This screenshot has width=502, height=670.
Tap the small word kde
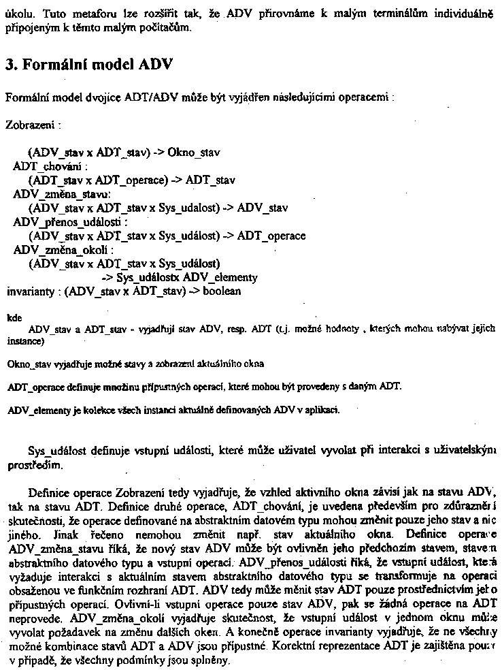point(13,317)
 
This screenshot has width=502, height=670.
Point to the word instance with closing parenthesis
point(25,340)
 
